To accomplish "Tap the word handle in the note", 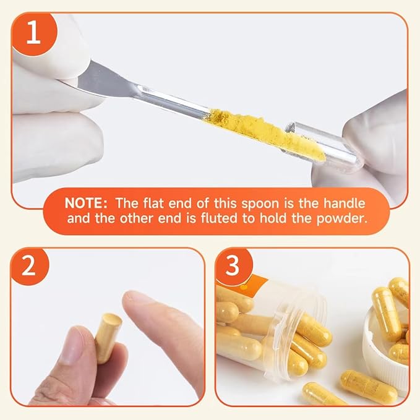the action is pyautogui.click(x=345, y=204).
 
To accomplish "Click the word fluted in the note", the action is pyautogui.click(x=219, y=218).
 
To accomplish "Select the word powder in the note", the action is pyautogui.click(x=342, y=218).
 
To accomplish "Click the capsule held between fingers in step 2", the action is pyautogui.click(x=108, y=338).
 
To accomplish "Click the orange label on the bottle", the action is pyautogui.click(x=253, y=286).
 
